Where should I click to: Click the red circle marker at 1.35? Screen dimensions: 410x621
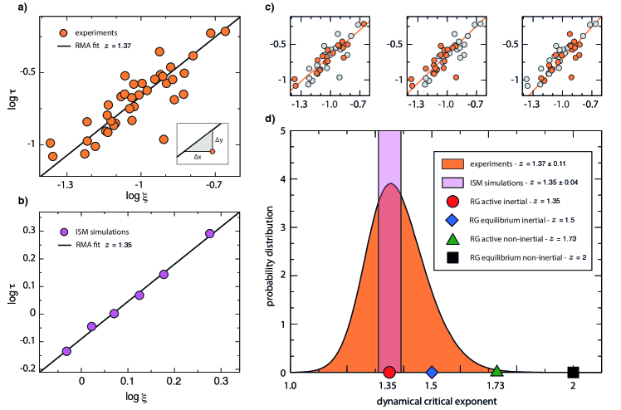point(389,373)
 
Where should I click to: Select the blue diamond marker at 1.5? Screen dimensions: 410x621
point(432,373)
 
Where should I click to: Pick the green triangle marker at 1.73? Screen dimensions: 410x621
point(496,372)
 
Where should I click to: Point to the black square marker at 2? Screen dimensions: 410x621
point(573,373)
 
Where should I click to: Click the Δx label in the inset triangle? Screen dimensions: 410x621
point(197,156)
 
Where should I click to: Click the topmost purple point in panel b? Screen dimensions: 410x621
point(209,233)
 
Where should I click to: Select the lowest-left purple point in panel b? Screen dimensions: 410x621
point(66,351)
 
